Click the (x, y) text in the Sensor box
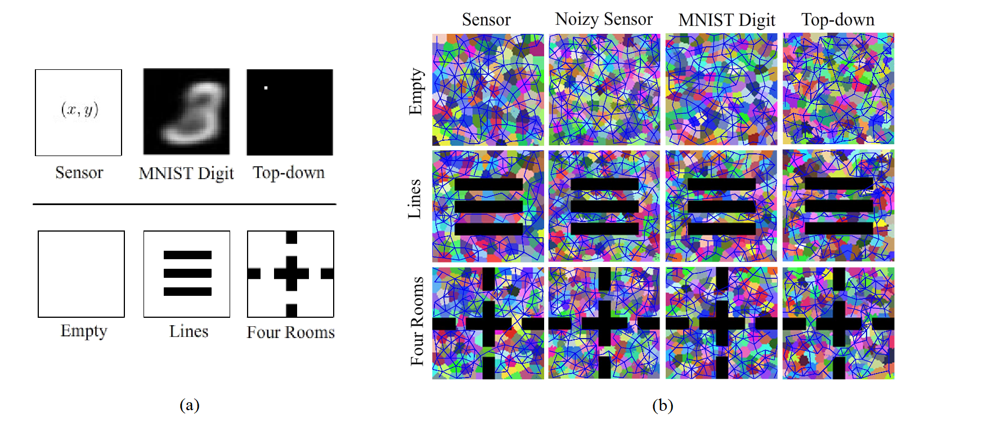click(79, 109)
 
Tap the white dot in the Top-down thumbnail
click(266, 88)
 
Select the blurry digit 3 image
click(186, 112)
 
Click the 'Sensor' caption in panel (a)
click(79, 172)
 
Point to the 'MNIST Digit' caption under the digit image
click(186, 173)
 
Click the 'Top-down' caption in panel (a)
click(289, 172)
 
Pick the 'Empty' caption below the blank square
click(84, 331)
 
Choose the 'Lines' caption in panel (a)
click(189, 331)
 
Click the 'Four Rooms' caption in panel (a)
click(290, 332)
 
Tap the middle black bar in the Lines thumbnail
click(187, 273)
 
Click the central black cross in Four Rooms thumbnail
click(291, 274)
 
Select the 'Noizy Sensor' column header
click(604, 19)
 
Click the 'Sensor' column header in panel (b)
click(486, 20)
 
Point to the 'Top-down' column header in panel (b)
click(838, 20)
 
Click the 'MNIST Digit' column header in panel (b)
click(726, 20)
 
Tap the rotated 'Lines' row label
click(415, 199)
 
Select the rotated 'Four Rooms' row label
click(417, 321)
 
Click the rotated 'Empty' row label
click(415, 91)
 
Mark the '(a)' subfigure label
click(190, 405)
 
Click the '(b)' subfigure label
click(662, 405)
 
